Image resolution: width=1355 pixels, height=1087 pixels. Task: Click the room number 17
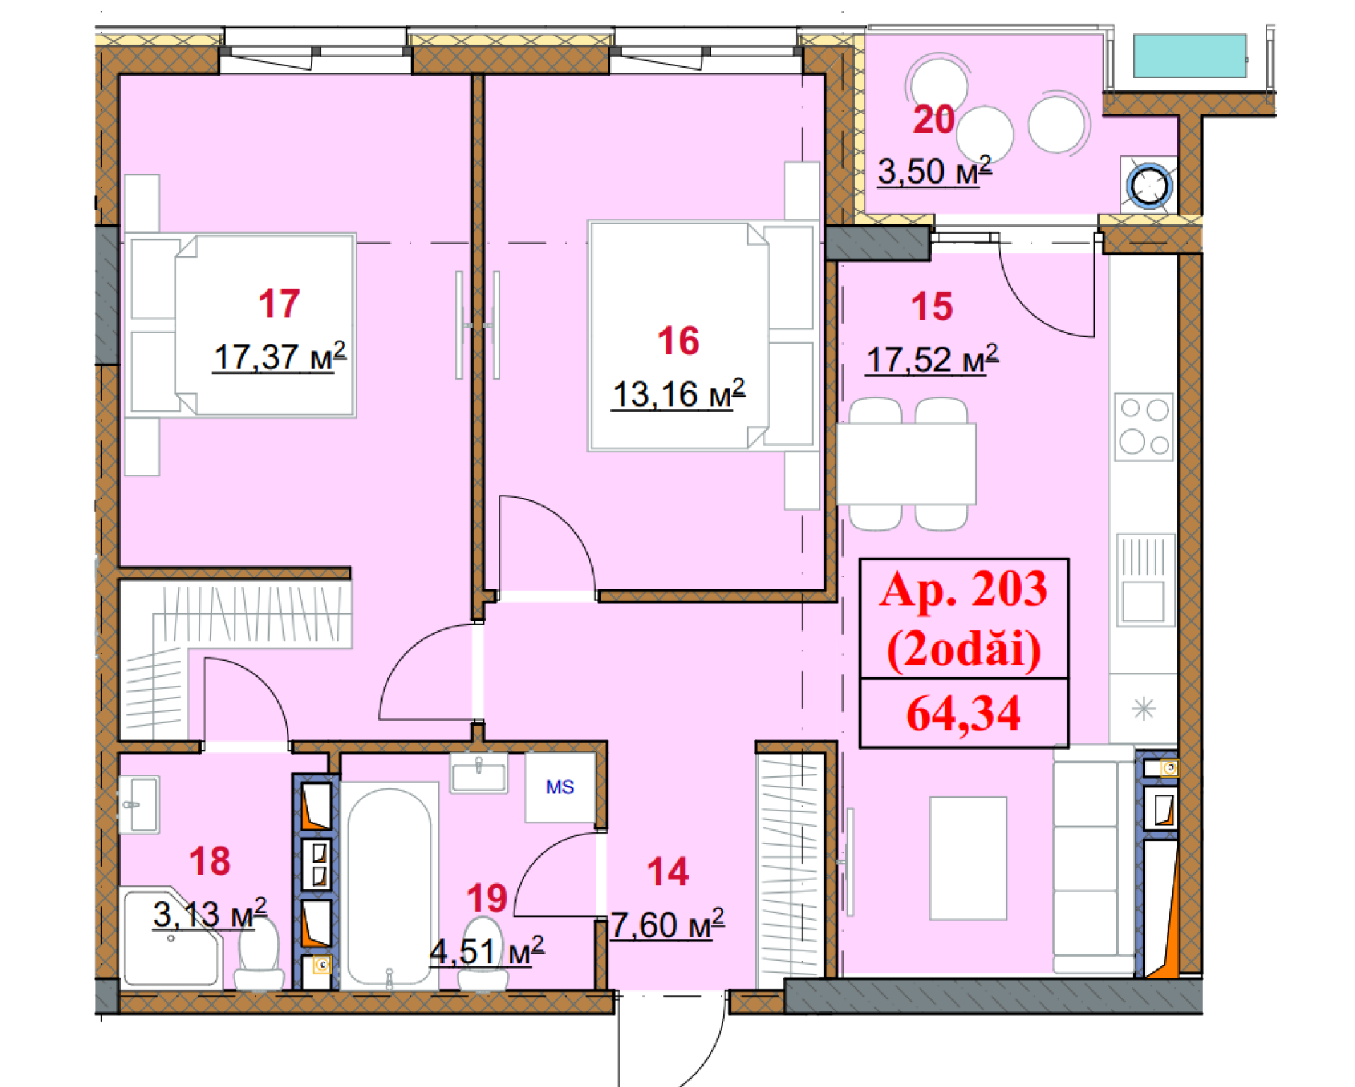[x=279, y=304]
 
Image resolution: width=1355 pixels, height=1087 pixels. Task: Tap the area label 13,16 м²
[x=677, y=394]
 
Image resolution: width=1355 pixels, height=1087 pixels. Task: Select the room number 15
[x=932, y=306]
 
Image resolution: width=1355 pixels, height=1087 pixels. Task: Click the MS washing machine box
[x=560, y=787]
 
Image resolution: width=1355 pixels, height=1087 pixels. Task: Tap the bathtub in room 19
[x=389, y=886]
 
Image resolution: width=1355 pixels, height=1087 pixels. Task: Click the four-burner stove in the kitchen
[x=1144, y=427]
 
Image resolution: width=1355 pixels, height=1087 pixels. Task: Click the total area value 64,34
[x=963, y=713]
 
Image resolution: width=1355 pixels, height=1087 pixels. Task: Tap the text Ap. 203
[x=963, y=589]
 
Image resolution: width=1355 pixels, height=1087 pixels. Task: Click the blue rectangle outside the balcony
[x=1189, y=56]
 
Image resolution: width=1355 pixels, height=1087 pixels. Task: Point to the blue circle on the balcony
[x=1150, y=186]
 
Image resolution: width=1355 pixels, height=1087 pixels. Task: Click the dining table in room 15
[x=906, y=464]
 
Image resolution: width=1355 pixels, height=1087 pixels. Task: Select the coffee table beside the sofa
[x=968, y=858]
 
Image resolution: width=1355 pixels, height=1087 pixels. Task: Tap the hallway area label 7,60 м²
[x=667, y=925]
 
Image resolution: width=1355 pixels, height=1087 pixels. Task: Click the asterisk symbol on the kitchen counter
[x=1143, y=708]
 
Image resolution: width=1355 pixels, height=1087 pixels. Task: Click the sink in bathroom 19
[x=479, y=774]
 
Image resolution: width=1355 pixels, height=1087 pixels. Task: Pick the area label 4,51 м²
[x=487, y=951]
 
